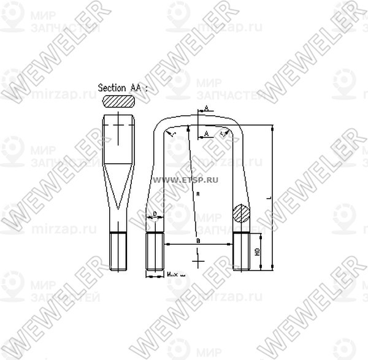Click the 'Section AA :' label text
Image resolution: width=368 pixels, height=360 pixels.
(123, 88)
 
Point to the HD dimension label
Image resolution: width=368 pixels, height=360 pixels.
(258, 251)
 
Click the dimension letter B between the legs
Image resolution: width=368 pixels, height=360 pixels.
(197, 241)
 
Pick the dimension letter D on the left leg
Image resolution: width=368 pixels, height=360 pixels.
(155, 214)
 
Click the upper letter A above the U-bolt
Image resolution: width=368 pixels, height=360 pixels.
(206, 108)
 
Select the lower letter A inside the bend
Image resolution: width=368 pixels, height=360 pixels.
(206, 132)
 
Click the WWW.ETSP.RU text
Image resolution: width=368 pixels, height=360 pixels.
(191, 180)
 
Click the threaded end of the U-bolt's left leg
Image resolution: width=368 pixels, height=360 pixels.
(154, 252)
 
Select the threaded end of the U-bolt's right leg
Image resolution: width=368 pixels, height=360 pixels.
(241, 252)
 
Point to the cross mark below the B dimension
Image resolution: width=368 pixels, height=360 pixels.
(197, 262)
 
